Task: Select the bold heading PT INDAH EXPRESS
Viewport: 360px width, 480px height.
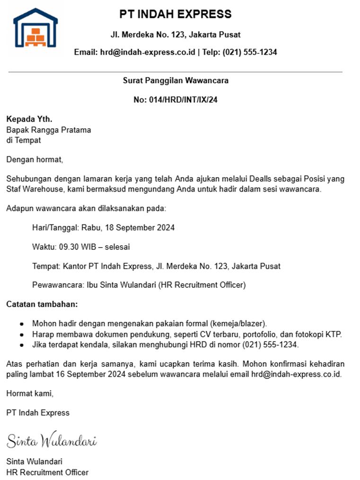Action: tap(176, 14)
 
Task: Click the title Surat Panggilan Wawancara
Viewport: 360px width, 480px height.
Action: tap(176, 80)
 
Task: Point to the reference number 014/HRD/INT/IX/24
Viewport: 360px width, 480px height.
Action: tap(182, 100)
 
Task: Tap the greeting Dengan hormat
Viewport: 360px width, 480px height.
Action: tap(34, 160)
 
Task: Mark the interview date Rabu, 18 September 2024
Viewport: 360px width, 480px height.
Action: tap(128, 228)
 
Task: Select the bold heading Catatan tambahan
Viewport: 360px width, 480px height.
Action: tap(42, 304)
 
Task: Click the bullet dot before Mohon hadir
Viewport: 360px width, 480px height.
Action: tap(22, 324)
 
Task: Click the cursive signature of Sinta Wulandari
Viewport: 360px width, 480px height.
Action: tap(51, 440)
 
